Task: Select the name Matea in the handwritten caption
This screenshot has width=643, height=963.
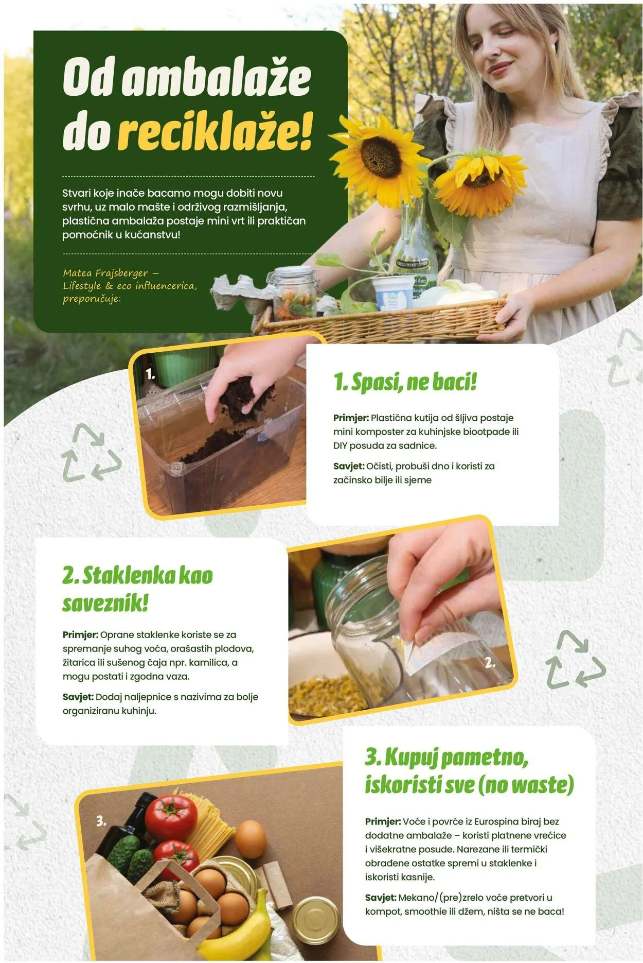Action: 78,273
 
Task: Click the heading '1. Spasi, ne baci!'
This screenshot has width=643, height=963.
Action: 405,382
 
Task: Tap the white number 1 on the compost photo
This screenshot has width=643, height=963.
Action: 150,374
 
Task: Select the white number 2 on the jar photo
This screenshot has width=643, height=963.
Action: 490,663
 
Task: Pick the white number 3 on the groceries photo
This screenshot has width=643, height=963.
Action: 101,821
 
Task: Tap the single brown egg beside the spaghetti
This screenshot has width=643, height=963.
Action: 250,840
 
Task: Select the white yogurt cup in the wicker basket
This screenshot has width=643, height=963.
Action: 393,293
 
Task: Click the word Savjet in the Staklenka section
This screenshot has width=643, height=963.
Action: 78,697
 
